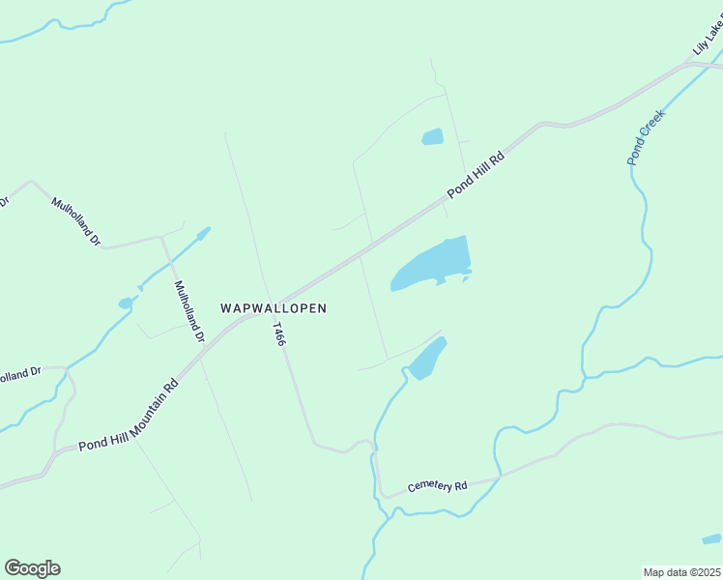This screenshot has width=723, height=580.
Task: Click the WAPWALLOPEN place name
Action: click(x=274, y=308)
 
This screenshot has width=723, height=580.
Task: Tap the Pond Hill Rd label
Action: click(x=477, y=175)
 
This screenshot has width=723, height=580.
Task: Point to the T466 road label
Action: click(x=279, y=334)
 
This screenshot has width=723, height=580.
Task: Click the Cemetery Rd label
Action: click(x=437, y=485)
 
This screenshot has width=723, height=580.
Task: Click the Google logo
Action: click(x=32, y=568)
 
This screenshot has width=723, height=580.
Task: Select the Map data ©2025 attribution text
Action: click(x=681, y=572)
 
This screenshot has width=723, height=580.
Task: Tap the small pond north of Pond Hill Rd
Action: click(x=432, y=137)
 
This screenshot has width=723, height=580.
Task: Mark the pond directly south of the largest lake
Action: click(x=426, y=360)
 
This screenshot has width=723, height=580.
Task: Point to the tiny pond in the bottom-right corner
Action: click(x=711, y=539)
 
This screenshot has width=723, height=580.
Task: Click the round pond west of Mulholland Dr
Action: click(x=125, y=304)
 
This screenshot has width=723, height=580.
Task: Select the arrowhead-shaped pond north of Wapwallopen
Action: click(x=202, y=233)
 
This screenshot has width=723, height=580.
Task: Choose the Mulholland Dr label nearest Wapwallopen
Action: click(x=188, y=311)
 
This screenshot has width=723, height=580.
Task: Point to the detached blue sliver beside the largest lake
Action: click(x=466, y=280)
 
